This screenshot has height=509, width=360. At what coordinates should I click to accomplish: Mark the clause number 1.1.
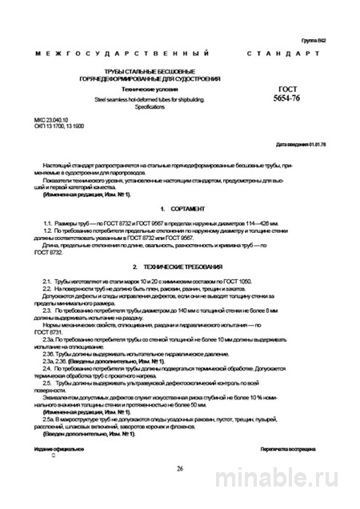(49, 220)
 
